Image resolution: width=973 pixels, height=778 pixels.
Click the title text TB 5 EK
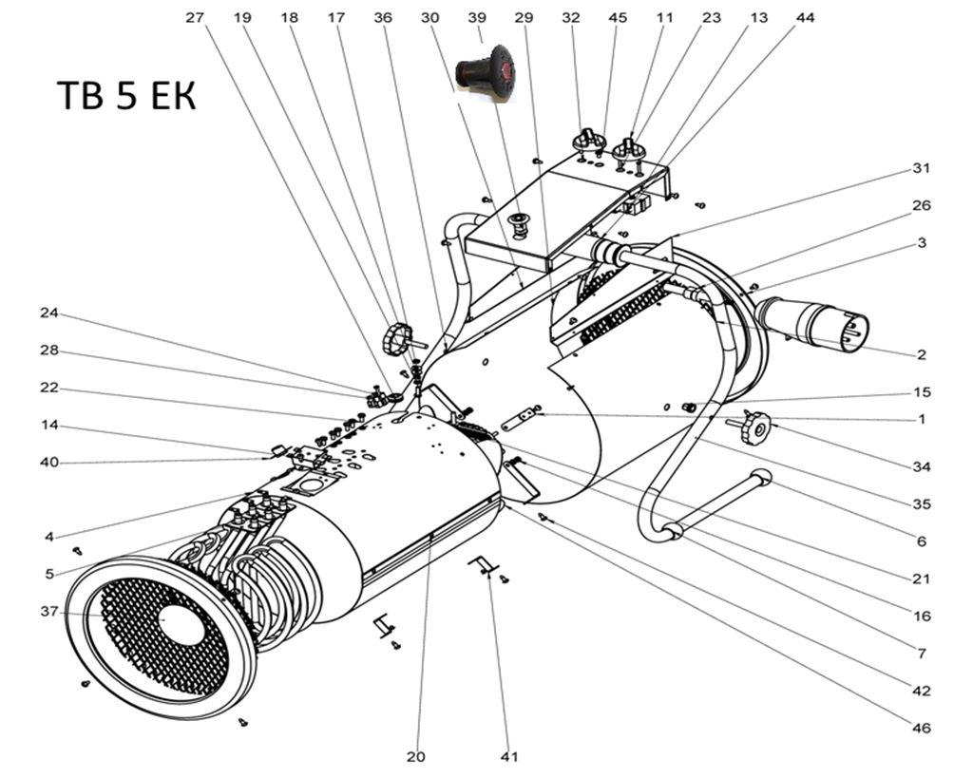pos(126,96)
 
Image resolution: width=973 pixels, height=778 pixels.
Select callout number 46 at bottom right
pos(921,728)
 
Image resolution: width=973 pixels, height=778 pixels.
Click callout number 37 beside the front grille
pos(49,612)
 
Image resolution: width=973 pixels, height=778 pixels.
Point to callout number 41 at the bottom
pos(509,757)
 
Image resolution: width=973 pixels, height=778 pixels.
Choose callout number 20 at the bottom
pos(415,757)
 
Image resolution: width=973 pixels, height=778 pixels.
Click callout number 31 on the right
pos(921,168)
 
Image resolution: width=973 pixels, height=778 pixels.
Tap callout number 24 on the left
pos(49,313)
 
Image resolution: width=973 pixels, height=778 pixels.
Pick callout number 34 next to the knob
pos(921,466)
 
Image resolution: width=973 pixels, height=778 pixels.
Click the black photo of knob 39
pos(486,71)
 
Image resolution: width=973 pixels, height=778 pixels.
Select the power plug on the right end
pos(815,323)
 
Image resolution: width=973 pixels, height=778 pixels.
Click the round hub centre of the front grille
pos(181,624)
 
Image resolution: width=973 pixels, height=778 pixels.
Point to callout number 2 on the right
pos(921,355)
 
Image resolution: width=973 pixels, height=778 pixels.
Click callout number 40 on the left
pos(49,463)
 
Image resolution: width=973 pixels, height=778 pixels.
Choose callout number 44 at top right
pos(805,17)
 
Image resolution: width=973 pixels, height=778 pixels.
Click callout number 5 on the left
pos(49,574)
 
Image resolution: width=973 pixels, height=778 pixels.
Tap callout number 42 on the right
pos(921,691)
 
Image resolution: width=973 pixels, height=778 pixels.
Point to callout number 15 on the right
pos(921,391)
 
